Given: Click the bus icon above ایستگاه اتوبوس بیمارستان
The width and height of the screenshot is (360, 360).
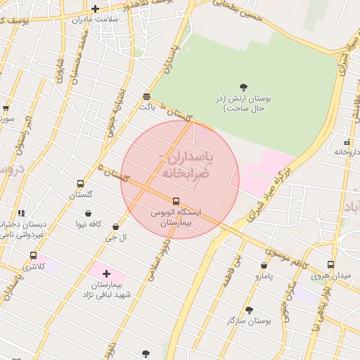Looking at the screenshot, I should coord(176,201).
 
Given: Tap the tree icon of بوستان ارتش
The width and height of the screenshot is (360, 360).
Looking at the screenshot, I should coord(243,86).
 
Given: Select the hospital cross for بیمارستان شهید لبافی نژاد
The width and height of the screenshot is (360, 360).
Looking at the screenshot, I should coord(106,273).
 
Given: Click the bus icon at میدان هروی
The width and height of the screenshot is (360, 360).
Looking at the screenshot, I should coord(330,264).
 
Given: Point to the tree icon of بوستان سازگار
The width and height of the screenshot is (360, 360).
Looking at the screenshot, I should coord(249,309).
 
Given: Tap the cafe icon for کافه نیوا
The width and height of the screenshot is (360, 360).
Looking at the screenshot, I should coord(88,213).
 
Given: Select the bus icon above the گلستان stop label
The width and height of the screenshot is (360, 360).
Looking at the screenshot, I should coord(80,184).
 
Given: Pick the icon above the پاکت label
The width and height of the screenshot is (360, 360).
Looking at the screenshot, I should coord(146,97).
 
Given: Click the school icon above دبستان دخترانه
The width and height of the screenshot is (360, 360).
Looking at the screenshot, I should coord(22,212).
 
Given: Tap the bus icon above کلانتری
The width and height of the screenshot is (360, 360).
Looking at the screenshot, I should coord(33,256).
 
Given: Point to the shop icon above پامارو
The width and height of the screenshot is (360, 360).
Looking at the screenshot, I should coord(264,266).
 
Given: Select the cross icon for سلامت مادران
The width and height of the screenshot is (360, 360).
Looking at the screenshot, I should coord(96,8).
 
